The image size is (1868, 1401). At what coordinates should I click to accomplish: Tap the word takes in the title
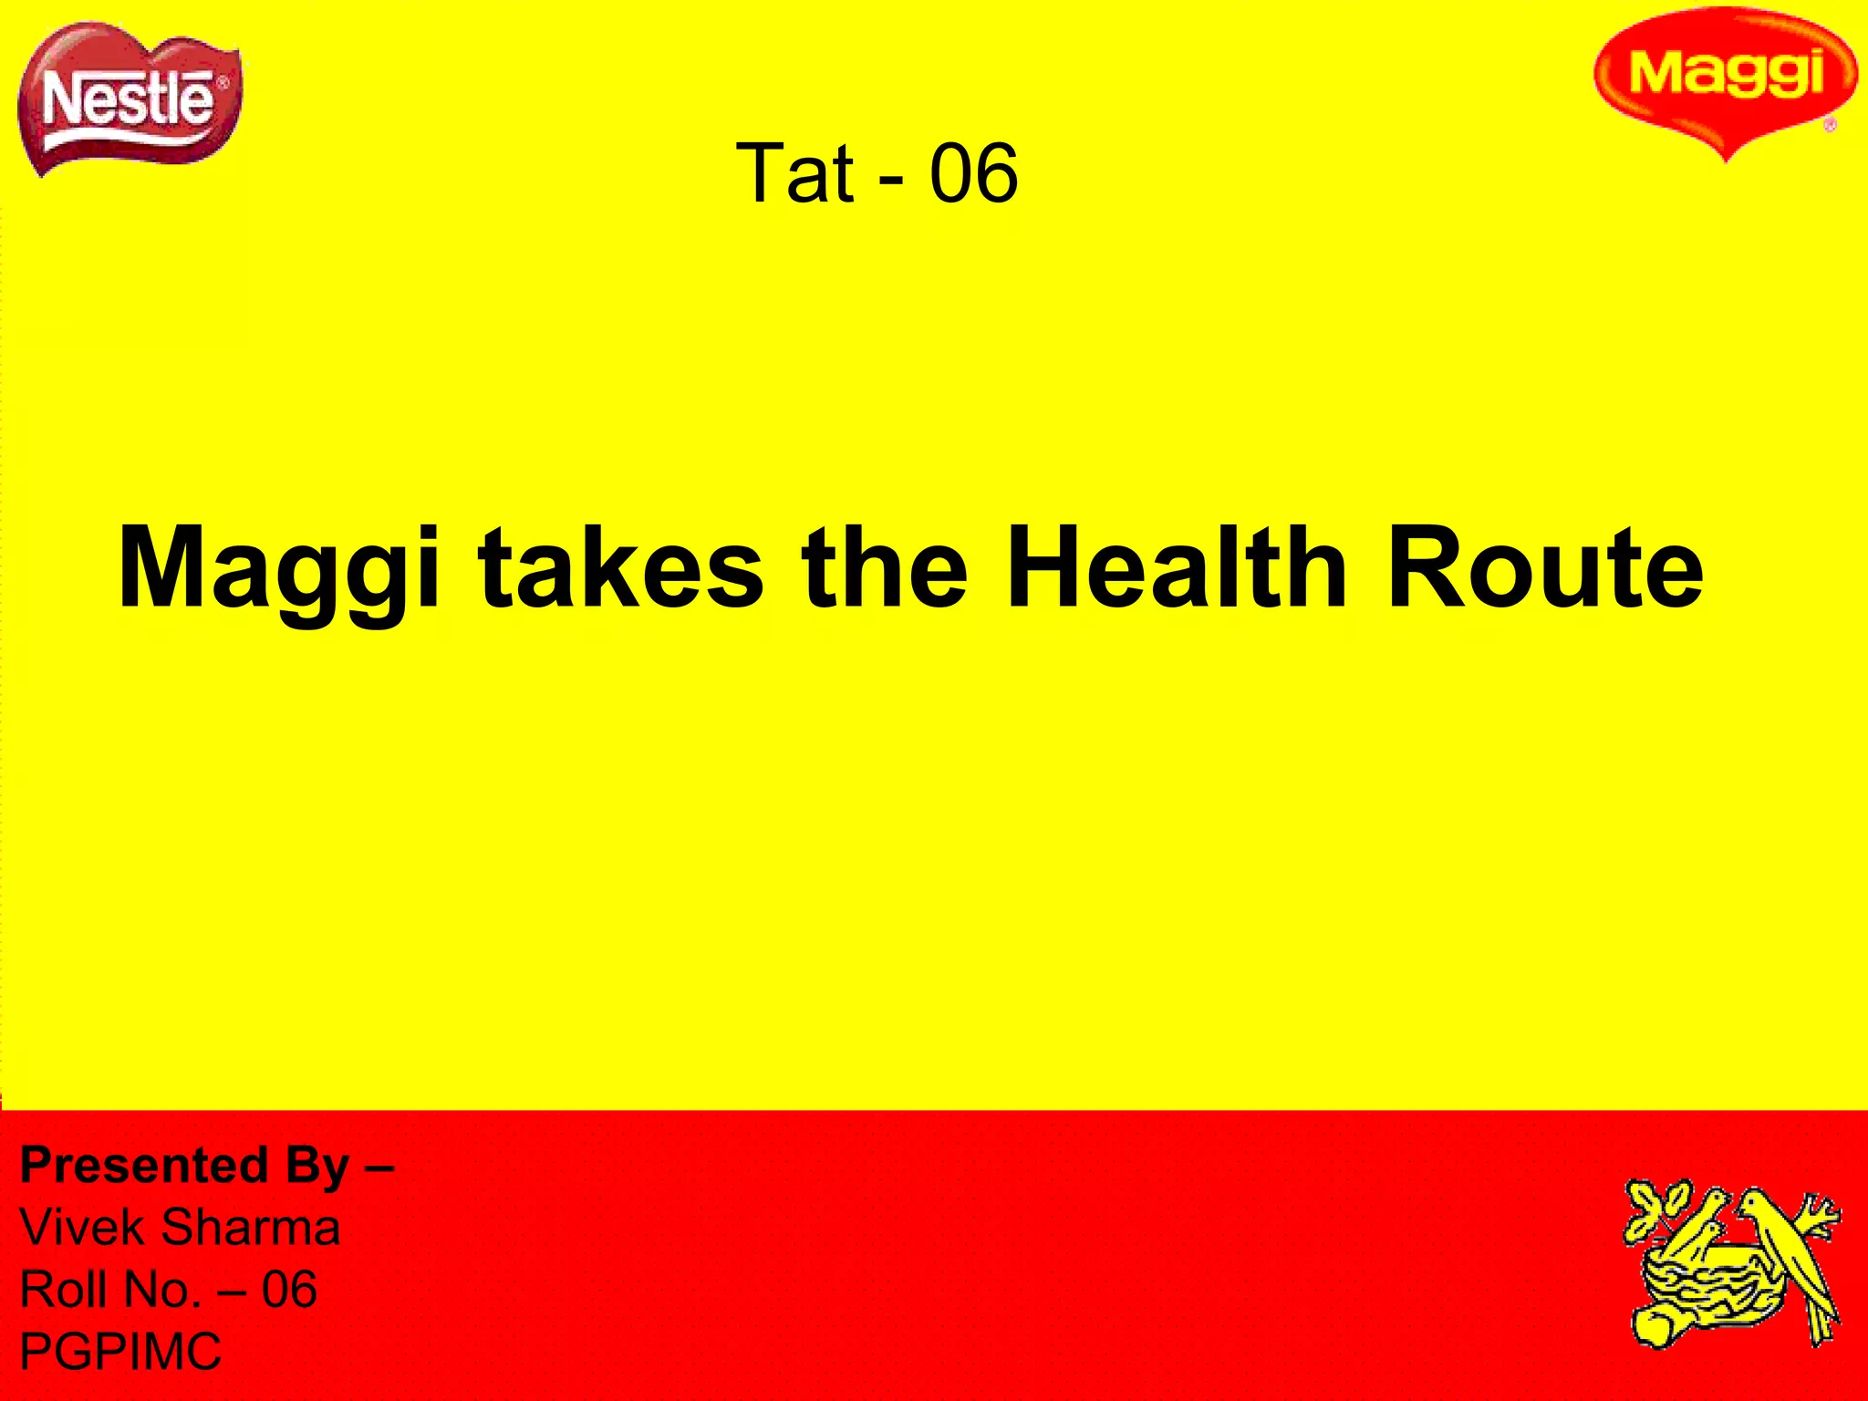point(620,570)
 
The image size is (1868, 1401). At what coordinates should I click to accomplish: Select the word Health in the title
point(1177,570)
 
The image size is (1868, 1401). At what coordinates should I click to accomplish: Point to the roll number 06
point(289,1290)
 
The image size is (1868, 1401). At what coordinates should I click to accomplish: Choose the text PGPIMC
point(120,1352)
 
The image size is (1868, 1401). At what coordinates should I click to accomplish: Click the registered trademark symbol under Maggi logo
point(1830,126)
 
